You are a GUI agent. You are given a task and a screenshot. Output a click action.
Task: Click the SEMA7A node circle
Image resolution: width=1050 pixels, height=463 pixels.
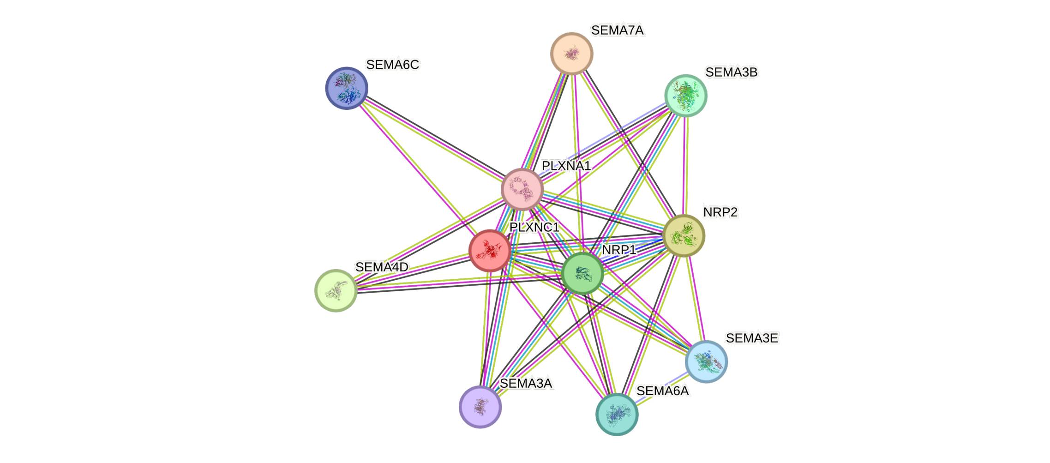click(x=571, y=54)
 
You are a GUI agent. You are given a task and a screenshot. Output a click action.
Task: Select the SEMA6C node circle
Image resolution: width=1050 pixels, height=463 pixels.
click(x=347, y=88)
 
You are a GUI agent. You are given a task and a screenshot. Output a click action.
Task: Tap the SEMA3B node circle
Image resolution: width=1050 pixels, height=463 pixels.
click(x=685, y=96)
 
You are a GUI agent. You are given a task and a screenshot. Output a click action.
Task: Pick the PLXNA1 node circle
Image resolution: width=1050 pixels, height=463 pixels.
click(x=522, y=189)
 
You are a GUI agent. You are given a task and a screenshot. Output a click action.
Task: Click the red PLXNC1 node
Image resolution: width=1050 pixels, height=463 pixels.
click(x=490, y=251)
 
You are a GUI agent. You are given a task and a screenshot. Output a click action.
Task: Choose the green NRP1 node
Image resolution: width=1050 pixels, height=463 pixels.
click(x=582, y=273)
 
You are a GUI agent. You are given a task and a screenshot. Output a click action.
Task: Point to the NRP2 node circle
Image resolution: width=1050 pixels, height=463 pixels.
click(x=684, y=235)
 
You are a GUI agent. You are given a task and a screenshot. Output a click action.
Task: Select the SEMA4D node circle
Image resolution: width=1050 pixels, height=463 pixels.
click(x=336, y=291)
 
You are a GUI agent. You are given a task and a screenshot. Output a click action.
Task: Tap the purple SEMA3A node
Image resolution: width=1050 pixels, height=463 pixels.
click(x=480, y=407)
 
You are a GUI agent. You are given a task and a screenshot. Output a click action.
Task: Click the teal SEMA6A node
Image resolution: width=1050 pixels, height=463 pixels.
click(x=617, y=414)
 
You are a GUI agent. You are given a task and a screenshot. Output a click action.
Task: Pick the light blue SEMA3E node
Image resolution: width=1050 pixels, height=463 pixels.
click(x=706, y=361)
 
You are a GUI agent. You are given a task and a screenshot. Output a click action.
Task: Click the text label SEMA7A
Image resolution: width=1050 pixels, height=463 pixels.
click(x=617, y=30)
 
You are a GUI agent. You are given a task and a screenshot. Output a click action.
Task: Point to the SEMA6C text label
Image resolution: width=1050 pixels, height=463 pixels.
click(x=392, y=65)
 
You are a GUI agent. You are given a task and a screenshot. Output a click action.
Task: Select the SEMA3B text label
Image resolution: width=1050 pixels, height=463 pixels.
click(x=732, y=72)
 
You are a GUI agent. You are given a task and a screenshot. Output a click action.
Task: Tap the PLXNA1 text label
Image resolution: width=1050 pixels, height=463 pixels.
click(x=566, y=166)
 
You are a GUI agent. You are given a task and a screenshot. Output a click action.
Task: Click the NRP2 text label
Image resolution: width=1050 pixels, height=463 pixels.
click(x=720, y=212)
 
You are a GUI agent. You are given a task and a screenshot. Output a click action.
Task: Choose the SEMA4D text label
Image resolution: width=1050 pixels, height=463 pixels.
click(x=382, y=267)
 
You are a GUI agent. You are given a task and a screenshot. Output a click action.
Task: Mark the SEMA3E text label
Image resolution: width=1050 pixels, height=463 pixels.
click(x=752, y=338)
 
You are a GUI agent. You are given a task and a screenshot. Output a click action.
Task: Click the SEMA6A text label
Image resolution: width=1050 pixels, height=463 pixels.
click(x=662, y=391)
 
